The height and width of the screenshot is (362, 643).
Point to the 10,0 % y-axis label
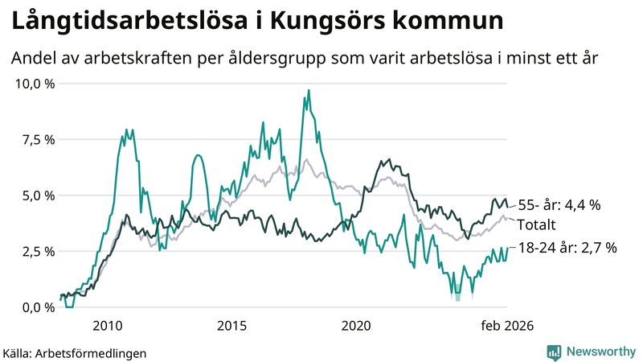click(x=35, y=83)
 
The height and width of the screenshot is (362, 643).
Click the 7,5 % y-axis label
click(x=38, y=139)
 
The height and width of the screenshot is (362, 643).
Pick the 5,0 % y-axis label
click(x=38, y=195)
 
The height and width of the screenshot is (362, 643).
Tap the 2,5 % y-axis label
click(x=38, y=251)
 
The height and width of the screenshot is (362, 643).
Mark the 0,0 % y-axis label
click(x=38, y=306)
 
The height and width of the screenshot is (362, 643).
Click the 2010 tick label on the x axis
click(x=107, y=325)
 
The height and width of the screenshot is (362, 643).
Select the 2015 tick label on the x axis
click(x=231, y=325)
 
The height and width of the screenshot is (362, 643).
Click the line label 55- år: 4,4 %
click(x=559, y=205)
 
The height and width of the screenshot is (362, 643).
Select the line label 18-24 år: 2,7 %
click(x=567, y=249)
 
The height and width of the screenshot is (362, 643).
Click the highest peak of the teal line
click(x=309, y=90)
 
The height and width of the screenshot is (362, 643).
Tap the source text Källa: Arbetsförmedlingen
click(x=63, y=352)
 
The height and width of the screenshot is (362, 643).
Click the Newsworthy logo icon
click(x=554, y=352)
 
